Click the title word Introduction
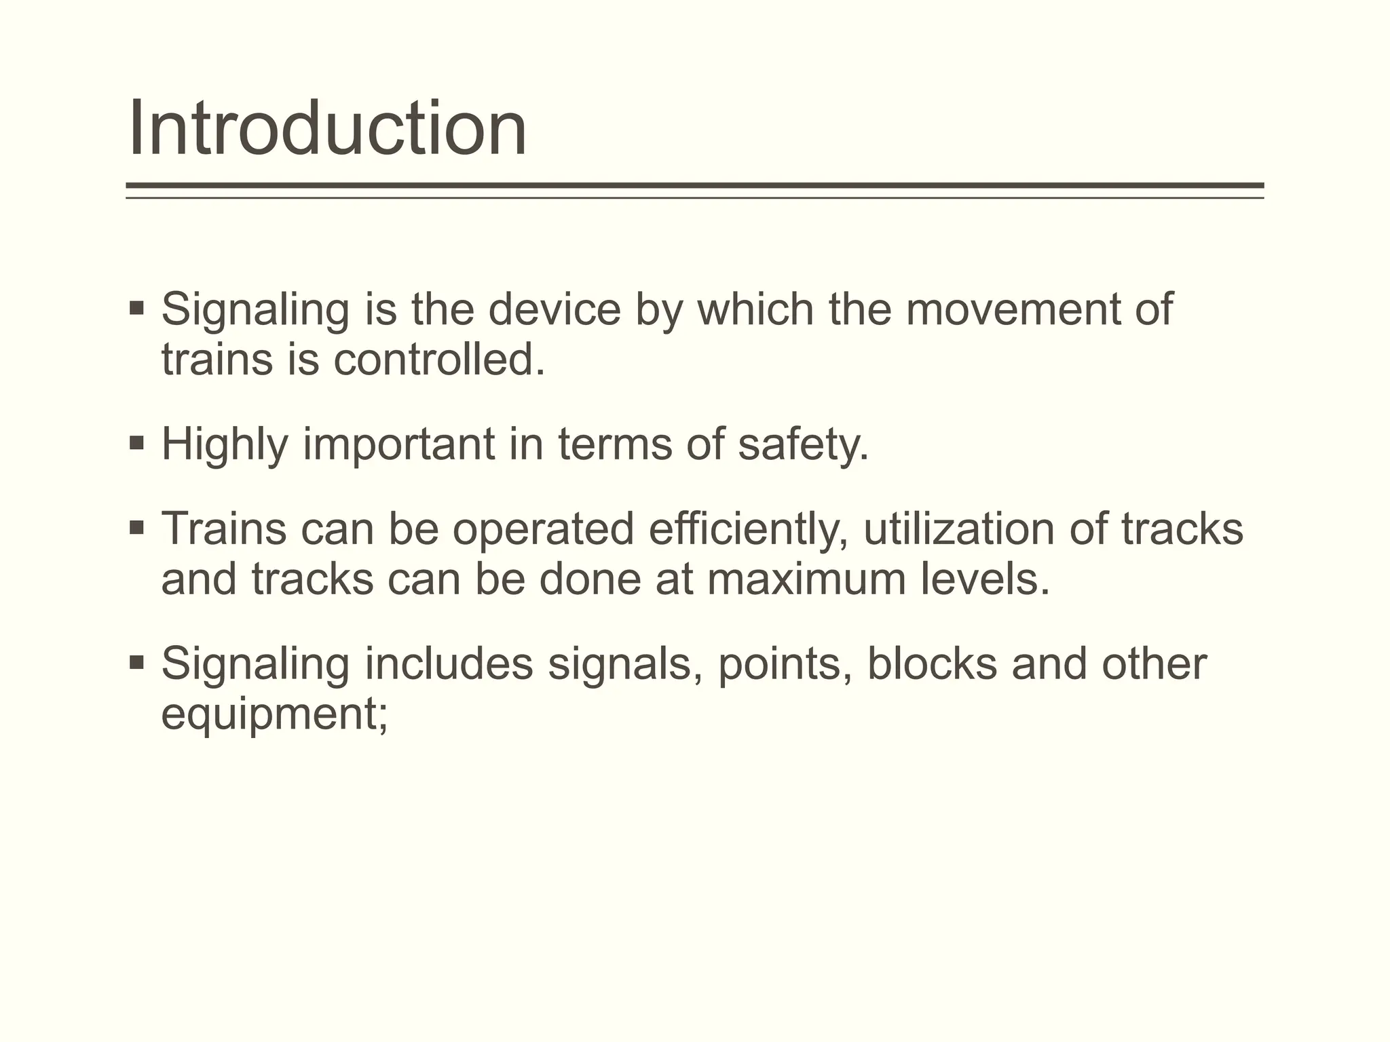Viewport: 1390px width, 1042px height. coord(327,128)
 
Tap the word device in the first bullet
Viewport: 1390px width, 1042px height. coord(554,309)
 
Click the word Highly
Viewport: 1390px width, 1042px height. coord(225,445)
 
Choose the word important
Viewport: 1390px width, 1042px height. coord(398,445)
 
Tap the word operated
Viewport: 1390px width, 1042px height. coord(543,528)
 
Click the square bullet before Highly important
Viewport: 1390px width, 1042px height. coord(136,444)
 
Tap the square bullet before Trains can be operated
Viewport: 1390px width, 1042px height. coord(136,527)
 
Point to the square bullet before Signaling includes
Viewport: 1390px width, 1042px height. coord(136,661)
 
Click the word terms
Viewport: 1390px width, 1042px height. coord(615,445)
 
